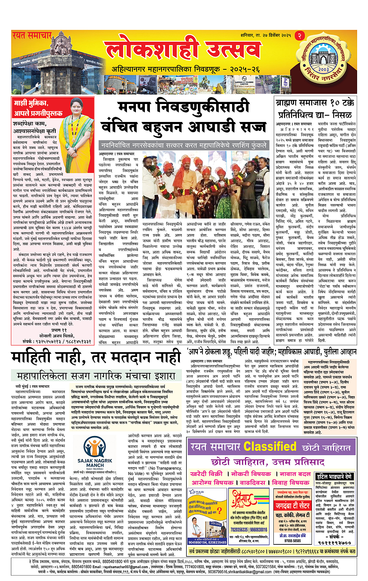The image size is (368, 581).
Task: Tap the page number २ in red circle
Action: pyautogui.click(x=299, y=35)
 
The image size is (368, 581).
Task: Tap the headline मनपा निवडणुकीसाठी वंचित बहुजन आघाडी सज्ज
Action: pyautogui.click(x=183, y=117)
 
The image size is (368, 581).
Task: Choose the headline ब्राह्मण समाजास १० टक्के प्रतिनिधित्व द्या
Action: pyautogui.click(x=315, y=109)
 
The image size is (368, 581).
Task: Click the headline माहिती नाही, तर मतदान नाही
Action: pyautogui.click(x=97, y=358)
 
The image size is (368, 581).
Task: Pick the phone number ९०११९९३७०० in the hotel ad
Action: pyautogui.click(x=335, y=542)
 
